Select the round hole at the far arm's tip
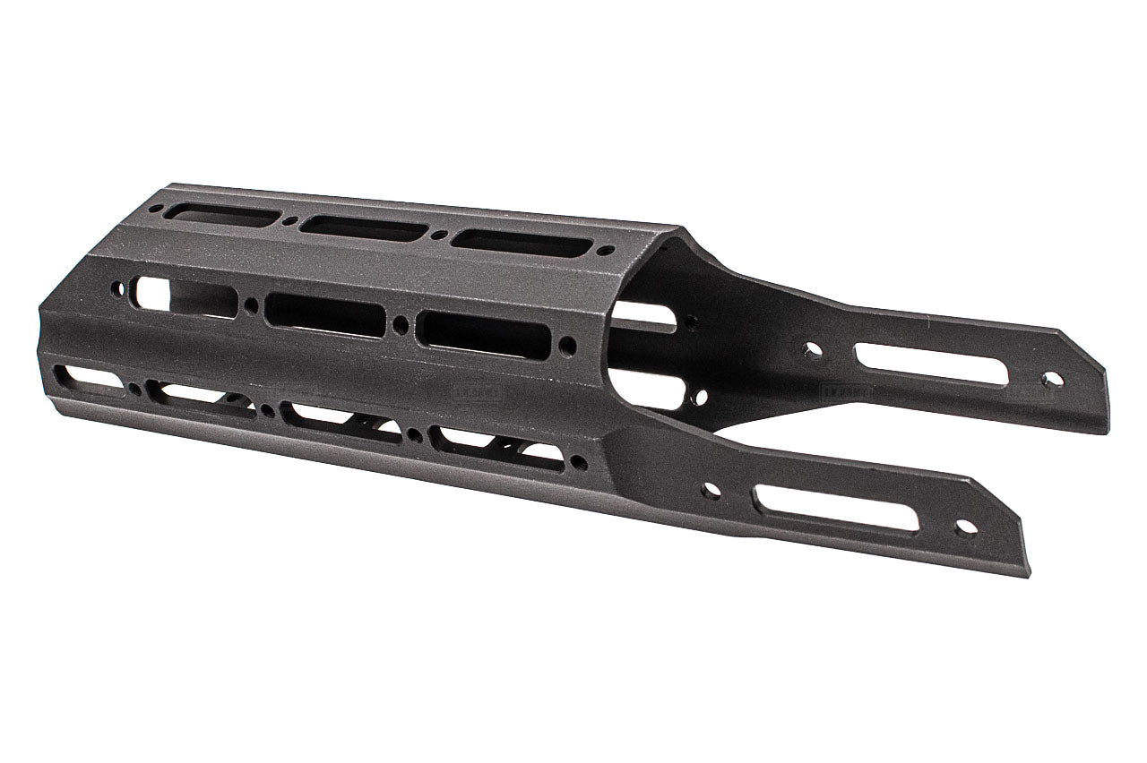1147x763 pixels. click(x=1052, y=380)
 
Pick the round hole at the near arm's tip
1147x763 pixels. click(x=965, y=527)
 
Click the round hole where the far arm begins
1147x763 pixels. click(x=813, y=350)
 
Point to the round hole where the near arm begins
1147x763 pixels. click(x=711, y=491)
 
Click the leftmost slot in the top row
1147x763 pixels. click(x=224, y=215)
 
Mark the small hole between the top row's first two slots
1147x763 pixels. click(x=289, y=221)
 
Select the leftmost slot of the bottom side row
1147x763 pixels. click(x=90, y=379)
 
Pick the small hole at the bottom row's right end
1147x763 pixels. click(x=579, y=463)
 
